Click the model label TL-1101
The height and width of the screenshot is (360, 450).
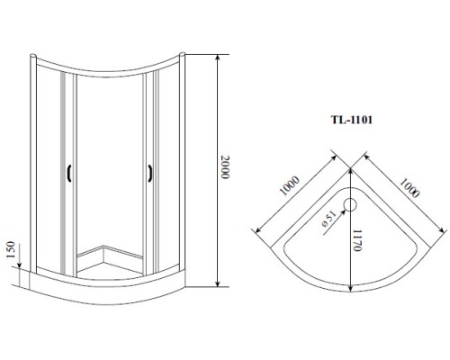(352, 120)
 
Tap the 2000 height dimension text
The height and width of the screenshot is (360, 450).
(225, 167)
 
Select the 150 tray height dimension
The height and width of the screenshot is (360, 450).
(11, 249)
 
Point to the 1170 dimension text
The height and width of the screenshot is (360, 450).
(356, 240)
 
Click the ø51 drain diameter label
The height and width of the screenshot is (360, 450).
(328, 220)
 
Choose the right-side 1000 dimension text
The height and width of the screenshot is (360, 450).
(409, 188)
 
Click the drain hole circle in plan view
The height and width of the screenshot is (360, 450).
(350, 204)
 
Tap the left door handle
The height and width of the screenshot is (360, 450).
(69, 174)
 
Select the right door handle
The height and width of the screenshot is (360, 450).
(150, 174)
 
